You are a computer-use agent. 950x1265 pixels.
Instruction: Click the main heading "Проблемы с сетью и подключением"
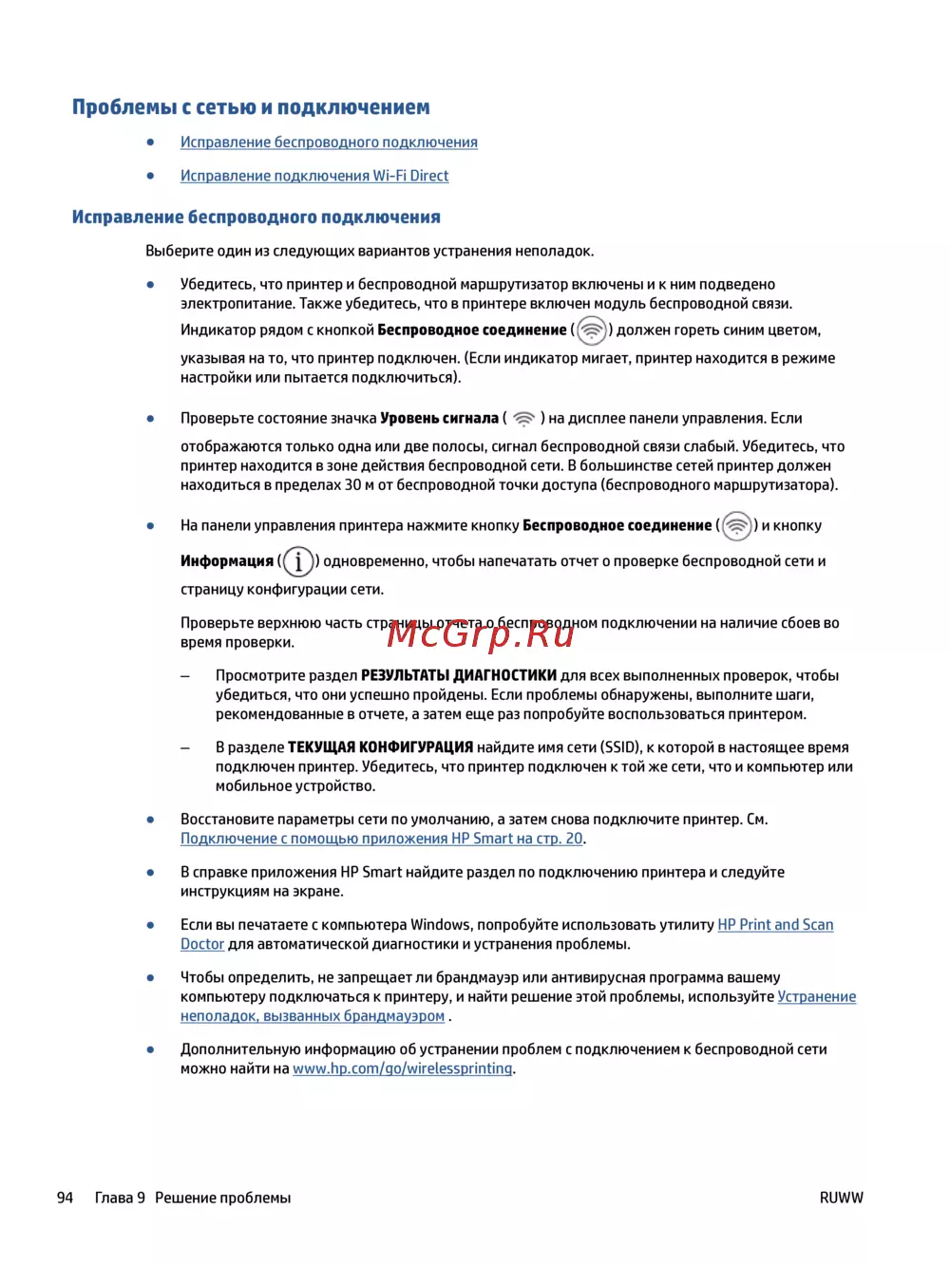tap(251, 107)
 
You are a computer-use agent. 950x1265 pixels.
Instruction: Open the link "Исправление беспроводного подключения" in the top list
tap(329, 142)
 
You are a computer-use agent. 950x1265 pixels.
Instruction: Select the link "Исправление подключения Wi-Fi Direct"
tap(314, 176)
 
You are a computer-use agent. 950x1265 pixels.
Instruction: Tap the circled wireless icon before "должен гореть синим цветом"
tap(591, 330)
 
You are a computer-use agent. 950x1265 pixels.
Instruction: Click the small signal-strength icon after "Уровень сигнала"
tap(523, 419)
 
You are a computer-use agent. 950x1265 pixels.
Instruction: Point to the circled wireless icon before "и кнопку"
tap(736, 526)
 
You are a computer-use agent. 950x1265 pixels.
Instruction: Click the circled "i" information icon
tap(298, 561)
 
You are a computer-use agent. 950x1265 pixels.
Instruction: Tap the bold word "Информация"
tap(226, 561)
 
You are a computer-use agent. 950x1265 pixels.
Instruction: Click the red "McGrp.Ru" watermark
tap(481, 633)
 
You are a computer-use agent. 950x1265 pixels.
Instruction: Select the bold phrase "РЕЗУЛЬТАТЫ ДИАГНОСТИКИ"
tap(458, 676)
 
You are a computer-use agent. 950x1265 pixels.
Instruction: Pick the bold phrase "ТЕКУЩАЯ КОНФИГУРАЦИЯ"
tap(380, 747)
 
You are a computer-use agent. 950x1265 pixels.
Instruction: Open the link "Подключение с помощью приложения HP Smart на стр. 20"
tap(381, 839)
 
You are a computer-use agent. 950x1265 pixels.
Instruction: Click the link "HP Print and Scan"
tap(775, 925)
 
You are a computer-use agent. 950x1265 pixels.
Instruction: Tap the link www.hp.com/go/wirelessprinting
tap(402, 1068)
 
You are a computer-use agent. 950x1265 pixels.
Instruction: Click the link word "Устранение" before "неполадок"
tap(816, 997)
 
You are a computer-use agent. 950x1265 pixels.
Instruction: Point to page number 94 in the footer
tap(65, 1198)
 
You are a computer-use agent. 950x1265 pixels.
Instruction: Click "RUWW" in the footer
tap(841, 1198)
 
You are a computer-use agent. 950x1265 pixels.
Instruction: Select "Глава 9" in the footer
tap(120, 1198)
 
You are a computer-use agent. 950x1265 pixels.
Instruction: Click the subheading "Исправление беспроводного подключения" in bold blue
tap(256, 217)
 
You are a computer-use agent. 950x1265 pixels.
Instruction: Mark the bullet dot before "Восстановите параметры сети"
tap(150, 820)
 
